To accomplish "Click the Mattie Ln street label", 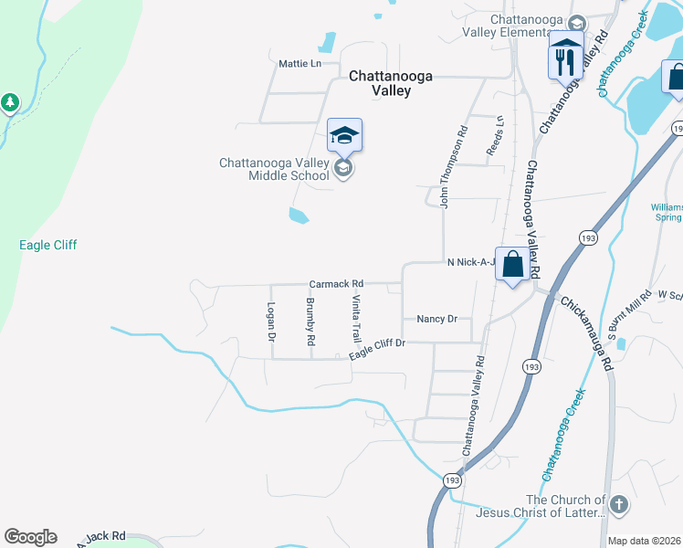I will pyautogui.click(x=300, y=64).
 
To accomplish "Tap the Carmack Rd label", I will pyautogui.click(x=336, y=284).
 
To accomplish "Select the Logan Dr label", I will pyautogui.click(x=271, y=322).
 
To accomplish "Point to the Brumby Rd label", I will pyautogui.click(x=311, y=321).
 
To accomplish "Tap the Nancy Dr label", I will pyautogui.click(x=436, y=319).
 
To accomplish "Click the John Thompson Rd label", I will pyautogui.click(x=446, y=167).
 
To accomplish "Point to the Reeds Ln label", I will pyautogui.click(x=494, y=135).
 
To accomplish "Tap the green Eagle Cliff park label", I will pyautogui.click(x=48, y=245).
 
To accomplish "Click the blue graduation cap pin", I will pyautogui.click(x=344, y=136).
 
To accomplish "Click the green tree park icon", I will pyautogui.click(x=10, y=102).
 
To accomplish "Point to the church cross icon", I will pyautogui.click(x=618, y=504).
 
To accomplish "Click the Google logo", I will pyautogui.click(x=30, y=537).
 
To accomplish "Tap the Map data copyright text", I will pyautogui.click(x=645, y=541).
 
